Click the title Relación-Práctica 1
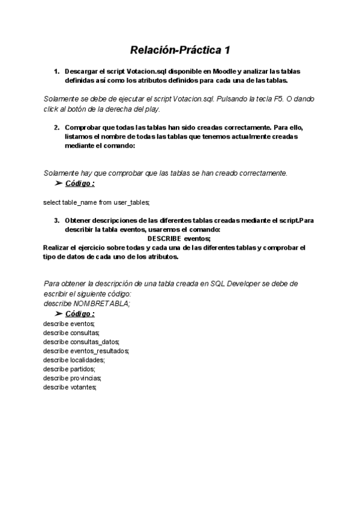pos(180,49)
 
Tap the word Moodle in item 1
pos(224,71)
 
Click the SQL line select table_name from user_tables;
pos(96,202)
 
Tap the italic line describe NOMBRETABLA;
pos(86,303)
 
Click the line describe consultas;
pos(71,333)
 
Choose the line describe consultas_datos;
pos(81,342)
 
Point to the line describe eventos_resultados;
pos(86,351)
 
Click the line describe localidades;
pos(74,360)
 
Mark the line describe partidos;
pos(70,369)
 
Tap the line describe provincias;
pos(73,378)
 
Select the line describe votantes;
pos(70,388)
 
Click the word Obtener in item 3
pos(79,220)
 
